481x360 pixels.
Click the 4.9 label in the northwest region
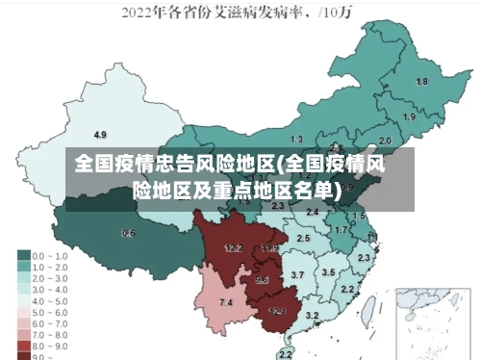coord(100,134)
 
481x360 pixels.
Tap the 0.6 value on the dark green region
coord(128,233)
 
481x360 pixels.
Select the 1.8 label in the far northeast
coord(421,82)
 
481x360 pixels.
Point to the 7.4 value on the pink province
coord(226,303)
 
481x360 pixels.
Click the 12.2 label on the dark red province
coord(233,247)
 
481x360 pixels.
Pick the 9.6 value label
coord(262,280)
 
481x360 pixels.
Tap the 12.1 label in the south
coord(277,311)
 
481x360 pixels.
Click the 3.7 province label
coord(297,275)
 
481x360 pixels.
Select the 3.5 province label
coord(328,272)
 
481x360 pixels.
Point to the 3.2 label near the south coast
coord(312,315)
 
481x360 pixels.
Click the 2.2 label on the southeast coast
coord(347,289)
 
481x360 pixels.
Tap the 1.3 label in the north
coord(296,140)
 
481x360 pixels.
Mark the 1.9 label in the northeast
coord(409,116)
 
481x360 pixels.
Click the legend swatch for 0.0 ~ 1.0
coord(23,256)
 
